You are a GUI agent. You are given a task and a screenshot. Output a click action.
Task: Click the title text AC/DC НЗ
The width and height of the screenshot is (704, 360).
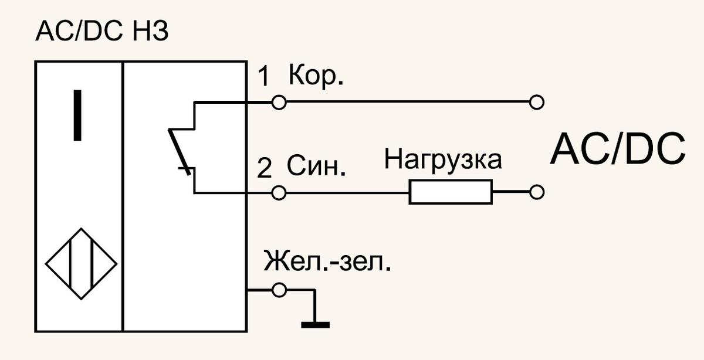pyautogui.click(x=102, y=32)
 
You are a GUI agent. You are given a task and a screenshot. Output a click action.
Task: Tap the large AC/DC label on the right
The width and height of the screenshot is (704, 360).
pyautogui.click(x=618, y=148)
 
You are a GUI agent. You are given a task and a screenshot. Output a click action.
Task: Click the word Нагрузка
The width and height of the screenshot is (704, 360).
pyautogui.click(x=443, y=159)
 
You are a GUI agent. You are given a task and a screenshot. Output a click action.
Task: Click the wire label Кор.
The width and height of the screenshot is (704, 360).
pyautogui.click(x=316, y=76)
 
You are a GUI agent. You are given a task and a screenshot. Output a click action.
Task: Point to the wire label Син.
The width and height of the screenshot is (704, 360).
pyautogui.click(x=316, y=165)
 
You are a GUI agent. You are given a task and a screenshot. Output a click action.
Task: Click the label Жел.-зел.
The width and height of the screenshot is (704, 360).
pyautogui.click(x=327, y=260)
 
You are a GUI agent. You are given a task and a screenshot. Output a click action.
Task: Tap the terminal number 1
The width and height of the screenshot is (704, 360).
pyautogui.click(x=264, y=76)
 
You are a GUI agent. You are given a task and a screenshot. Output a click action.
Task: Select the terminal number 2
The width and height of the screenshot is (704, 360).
pyautogui.click(x=265, y=168)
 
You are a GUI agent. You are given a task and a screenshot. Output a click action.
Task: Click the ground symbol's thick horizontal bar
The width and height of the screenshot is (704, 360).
pyautogui.click(x=315, y=325)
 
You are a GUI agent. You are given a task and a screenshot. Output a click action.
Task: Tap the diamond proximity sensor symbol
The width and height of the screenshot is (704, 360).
pyautogui.click(x=82, y=229)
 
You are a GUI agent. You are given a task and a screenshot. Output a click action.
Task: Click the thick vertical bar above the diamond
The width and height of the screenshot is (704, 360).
pyautogui.click(x=77, y=115)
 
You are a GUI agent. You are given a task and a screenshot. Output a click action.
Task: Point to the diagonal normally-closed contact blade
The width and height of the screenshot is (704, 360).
pyautogui.click(x=180, y=152)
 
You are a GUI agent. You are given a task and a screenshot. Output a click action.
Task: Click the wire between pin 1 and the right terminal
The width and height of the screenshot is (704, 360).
pyautogui.click(x=408, y=102)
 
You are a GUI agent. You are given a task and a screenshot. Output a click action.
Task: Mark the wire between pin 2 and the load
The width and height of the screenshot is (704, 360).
pyautogui.click(x=347, y=192)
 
